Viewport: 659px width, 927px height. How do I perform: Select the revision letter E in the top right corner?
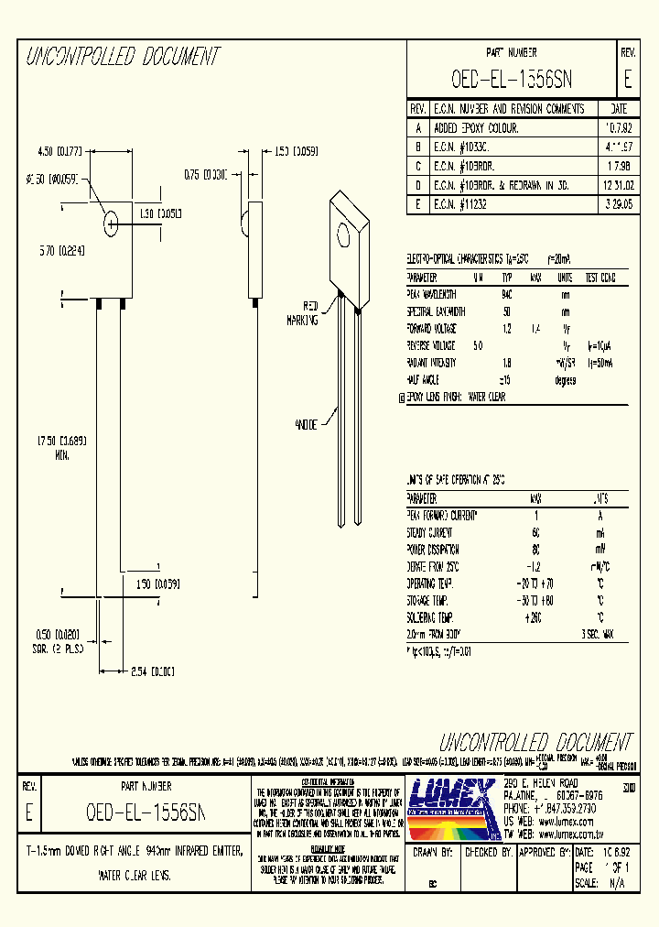(627, 79)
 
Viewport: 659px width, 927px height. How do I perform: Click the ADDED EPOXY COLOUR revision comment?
(476, 128)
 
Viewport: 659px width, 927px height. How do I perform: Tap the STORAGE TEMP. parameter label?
(430, 600)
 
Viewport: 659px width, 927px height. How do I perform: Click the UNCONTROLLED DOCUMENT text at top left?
(123, 57)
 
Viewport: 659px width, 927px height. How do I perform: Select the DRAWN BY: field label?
(433, 852)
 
